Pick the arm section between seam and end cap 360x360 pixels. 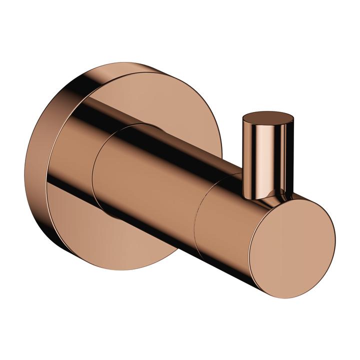[x=225, y=220]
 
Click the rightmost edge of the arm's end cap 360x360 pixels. [x=334, y=240]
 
